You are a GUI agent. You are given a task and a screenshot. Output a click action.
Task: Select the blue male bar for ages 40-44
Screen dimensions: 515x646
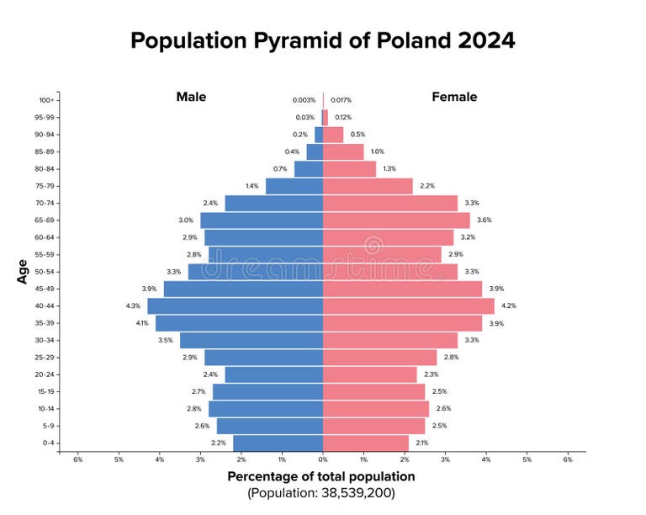[x=236, y=306]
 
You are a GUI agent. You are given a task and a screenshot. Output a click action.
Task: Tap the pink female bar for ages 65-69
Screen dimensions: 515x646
[x=396, y=220]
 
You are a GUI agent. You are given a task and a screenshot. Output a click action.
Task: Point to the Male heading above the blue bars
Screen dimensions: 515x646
[x=191, y=97]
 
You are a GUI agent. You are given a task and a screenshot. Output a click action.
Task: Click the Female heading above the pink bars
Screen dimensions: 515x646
[x=454, y=97]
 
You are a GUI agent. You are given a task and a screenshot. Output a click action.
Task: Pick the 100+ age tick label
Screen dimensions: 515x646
[x=47, y=100]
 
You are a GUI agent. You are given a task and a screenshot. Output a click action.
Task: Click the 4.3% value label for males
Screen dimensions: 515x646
[x=132, y=306]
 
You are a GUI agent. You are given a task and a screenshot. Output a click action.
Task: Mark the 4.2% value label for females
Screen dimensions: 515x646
[x=509, y=306]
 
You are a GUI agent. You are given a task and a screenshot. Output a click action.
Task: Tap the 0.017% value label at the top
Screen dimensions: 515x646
[x=341, y=100]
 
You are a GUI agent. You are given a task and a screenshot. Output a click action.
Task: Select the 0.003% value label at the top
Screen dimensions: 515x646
[x=304, y=100]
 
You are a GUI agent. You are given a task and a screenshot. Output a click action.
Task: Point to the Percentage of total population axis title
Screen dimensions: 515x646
[x=321, y=476]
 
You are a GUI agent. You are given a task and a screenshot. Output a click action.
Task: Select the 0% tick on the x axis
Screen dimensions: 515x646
[x=323, y=459]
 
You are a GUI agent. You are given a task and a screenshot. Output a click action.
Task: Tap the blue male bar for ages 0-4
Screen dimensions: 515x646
[x=278, y=443]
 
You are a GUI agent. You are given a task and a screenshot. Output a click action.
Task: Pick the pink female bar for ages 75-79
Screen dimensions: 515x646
[x=368, y=186]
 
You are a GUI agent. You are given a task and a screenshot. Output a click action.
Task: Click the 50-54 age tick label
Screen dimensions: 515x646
[x=45, y=272]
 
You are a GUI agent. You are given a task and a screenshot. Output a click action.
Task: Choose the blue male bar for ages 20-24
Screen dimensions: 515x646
[x=273, y=374]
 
